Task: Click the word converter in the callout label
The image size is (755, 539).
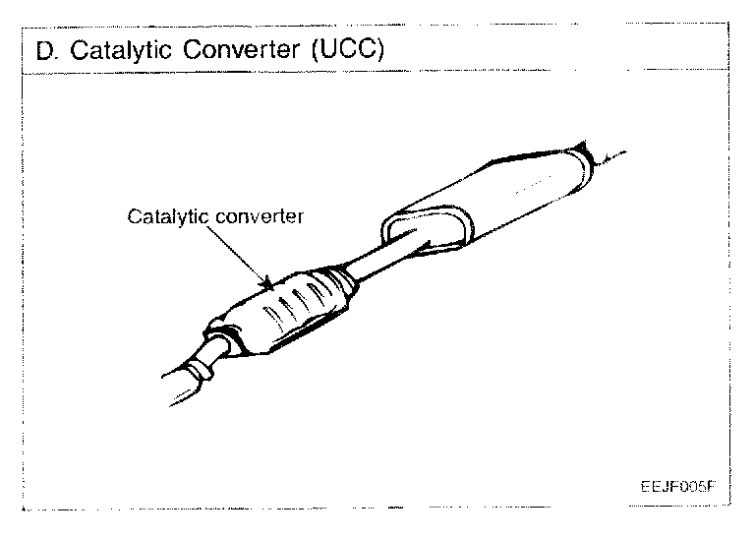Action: tap(260, 216)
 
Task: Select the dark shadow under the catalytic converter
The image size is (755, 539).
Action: tap(295, 339)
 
